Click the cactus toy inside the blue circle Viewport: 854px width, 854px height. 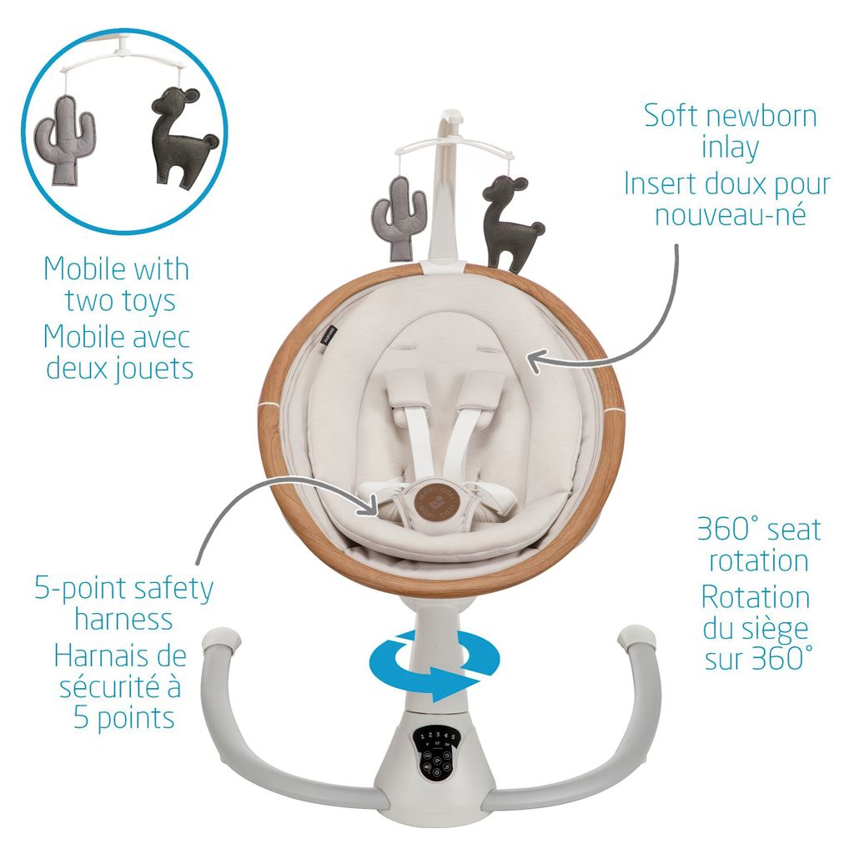65,139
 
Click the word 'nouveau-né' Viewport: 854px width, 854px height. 730,214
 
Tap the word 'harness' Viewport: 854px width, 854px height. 123,620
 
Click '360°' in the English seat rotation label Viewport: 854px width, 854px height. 727,529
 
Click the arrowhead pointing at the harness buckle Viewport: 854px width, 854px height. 371,503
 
